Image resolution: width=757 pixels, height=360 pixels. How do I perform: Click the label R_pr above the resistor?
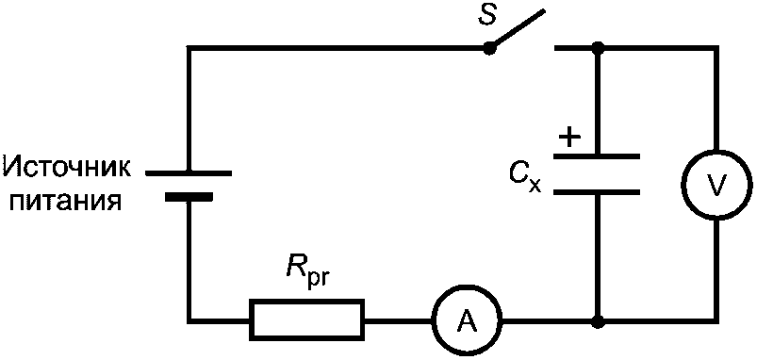pyautogui.click(x=304, y=276)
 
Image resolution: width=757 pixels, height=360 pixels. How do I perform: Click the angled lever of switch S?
pyautogui.click(x=517, y=29)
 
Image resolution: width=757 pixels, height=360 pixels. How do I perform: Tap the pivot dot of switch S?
pyautogui.click(x=489, y=48)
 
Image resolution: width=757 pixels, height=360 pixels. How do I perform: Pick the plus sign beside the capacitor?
pyautogui.click(x=569, y=138)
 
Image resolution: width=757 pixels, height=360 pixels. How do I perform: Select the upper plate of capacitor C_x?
pyautogui.click(x=597, y=156)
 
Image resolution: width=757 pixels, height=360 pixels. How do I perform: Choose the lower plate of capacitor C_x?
pyautogui.click(x=597, y=192)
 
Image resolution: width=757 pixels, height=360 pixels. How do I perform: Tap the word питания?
pyautogui.click(x=65, y=201)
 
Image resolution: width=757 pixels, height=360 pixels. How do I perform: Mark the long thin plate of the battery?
pyautogui.click(x=189, y=172)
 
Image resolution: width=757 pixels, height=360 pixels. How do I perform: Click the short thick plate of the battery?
pyautogui.click(x=189, y=196)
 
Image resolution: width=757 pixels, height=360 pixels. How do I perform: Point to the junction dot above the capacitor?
pyautogui.click(x=598, y=48)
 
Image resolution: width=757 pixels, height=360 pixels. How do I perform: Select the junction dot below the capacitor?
pyautogui.click(x=598, y=319)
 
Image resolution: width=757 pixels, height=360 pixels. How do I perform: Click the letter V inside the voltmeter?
pyautogui.click(x=716, y=184)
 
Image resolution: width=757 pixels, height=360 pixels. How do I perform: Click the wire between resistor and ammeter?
pyautogui.click(x=397, y=319)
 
